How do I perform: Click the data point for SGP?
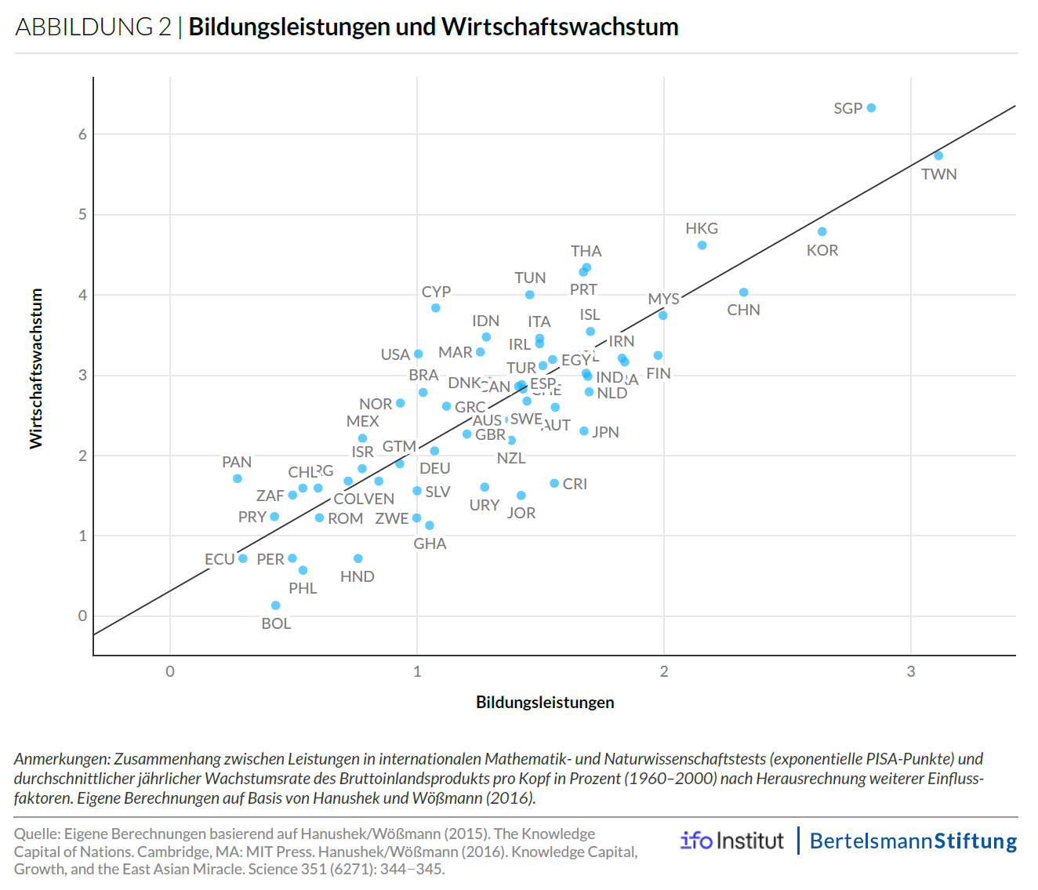coord(871,108)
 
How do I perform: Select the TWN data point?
coord(938,155)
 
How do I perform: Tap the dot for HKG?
coord(702,245)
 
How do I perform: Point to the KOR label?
coord(822,250)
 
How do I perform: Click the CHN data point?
coord(743,292)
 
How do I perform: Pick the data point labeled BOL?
coord(275,605)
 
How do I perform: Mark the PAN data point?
coord(238,478)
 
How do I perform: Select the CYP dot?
coord(436,308)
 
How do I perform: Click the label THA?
coord(586,251)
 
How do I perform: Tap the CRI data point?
coord(554,483)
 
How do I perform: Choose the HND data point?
coord(358,558)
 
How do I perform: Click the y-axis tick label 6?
coord(82,134)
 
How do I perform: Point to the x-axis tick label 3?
coord(911,671)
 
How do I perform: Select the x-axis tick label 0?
coord(170,671)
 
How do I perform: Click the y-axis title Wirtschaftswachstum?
coord(36,369)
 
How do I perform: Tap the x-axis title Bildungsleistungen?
coord(545,702)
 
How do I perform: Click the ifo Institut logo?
coord(731,841)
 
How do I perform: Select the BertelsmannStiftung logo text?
coord(913,841)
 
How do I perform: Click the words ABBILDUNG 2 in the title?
coord(93,27)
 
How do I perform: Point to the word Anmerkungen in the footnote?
coord(61,759)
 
